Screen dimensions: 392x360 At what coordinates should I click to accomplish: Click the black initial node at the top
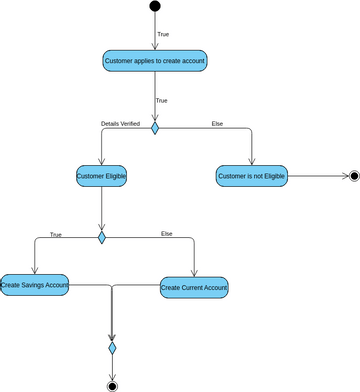coord(155,7)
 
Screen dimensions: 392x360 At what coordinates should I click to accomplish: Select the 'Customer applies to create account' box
coord(155,61)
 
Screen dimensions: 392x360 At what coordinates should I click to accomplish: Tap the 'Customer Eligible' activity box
coord(101,176)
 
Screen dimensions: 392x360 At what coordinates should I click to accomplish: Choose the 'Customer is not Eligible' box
coord(251,176)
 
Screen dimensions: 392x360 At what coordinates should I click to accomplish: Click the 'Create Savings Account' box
coord(34,286)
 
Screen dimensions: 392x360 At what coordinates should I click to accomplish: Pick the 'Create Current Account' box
coord(194,287)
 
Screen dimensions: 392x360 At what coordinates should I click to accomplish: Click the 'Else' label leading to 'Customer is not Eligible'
coord(217,123)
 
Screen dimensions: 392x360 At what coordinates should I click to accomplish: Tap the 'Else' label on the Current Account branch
coord(167,233)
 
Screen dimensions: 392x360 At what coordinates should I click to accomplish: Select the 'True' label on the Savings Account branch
coord(55,234)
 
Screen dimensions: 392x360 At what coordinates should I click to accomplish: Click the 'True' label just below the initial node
coord(162,33)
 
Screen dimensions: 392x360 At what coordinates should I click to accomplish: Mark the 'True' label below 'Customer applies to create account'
coord(162,100)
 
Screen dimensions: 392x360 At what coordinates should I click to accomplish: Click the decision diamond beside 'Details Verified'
coord(155,128)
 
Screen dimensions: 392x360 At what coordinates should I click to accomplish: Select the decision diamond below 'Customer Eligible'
coord(101,238)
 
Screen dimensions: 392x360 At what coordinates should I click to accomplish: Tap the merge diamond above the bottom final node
coord(112,347)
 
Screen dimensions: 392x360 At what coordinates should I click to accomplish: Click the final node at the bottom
coord(112,384)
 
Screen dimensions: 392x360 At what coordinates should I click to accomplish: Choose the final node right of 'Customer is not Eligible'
coord(352,176)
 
